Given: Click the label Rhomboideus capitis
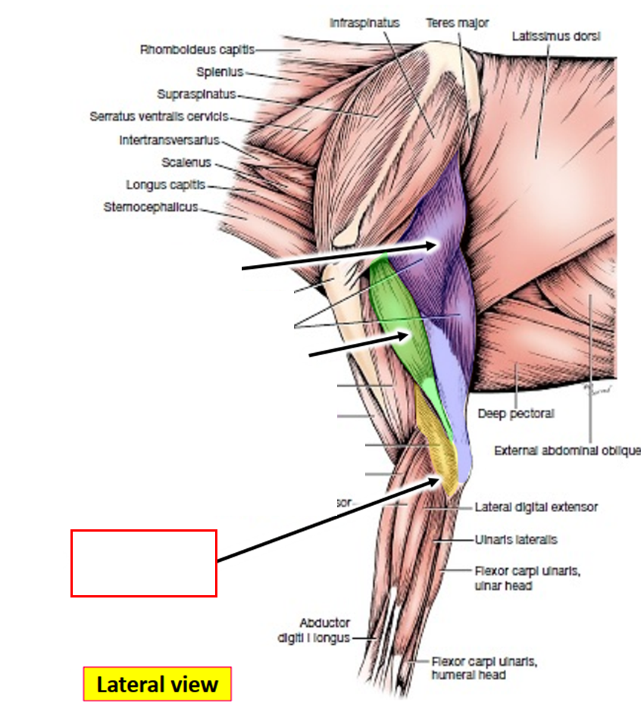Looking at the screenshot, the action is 196,50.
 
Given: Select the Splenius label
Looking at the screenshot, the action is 220,73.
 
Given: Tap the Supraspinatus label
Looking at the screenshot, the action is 196,95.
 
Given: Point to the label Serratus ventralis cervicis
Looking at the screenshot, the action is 158,117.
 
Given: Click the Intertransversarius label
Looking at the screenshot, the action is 169,140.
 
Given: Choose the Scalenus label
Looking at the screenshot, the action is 186,162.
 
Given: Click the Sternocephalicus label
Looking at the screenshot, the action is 151,207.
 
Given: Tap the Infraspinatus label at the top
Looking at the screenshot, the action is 364,23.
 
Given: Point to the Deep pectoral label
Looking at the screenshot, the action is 516,414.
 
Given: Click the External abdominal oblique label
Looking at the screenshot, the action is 567,451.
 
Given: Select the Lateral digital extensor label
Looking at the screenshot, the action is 536,507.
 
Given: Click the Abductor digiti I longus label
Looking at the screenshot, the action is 324,630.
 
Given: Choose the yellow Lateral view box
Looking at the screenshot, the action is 157,685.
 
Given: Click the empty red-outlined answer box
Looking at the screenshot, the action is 144,563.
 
